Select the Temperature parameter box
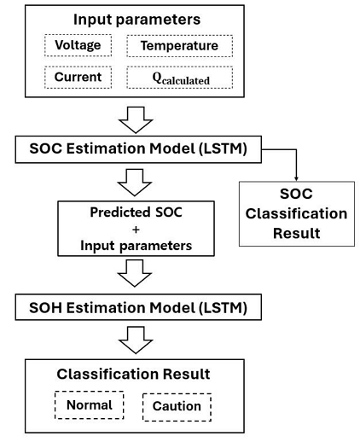178,45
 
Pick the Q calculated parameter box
178,78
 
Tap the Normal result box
90,404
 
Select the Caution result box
177,406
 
